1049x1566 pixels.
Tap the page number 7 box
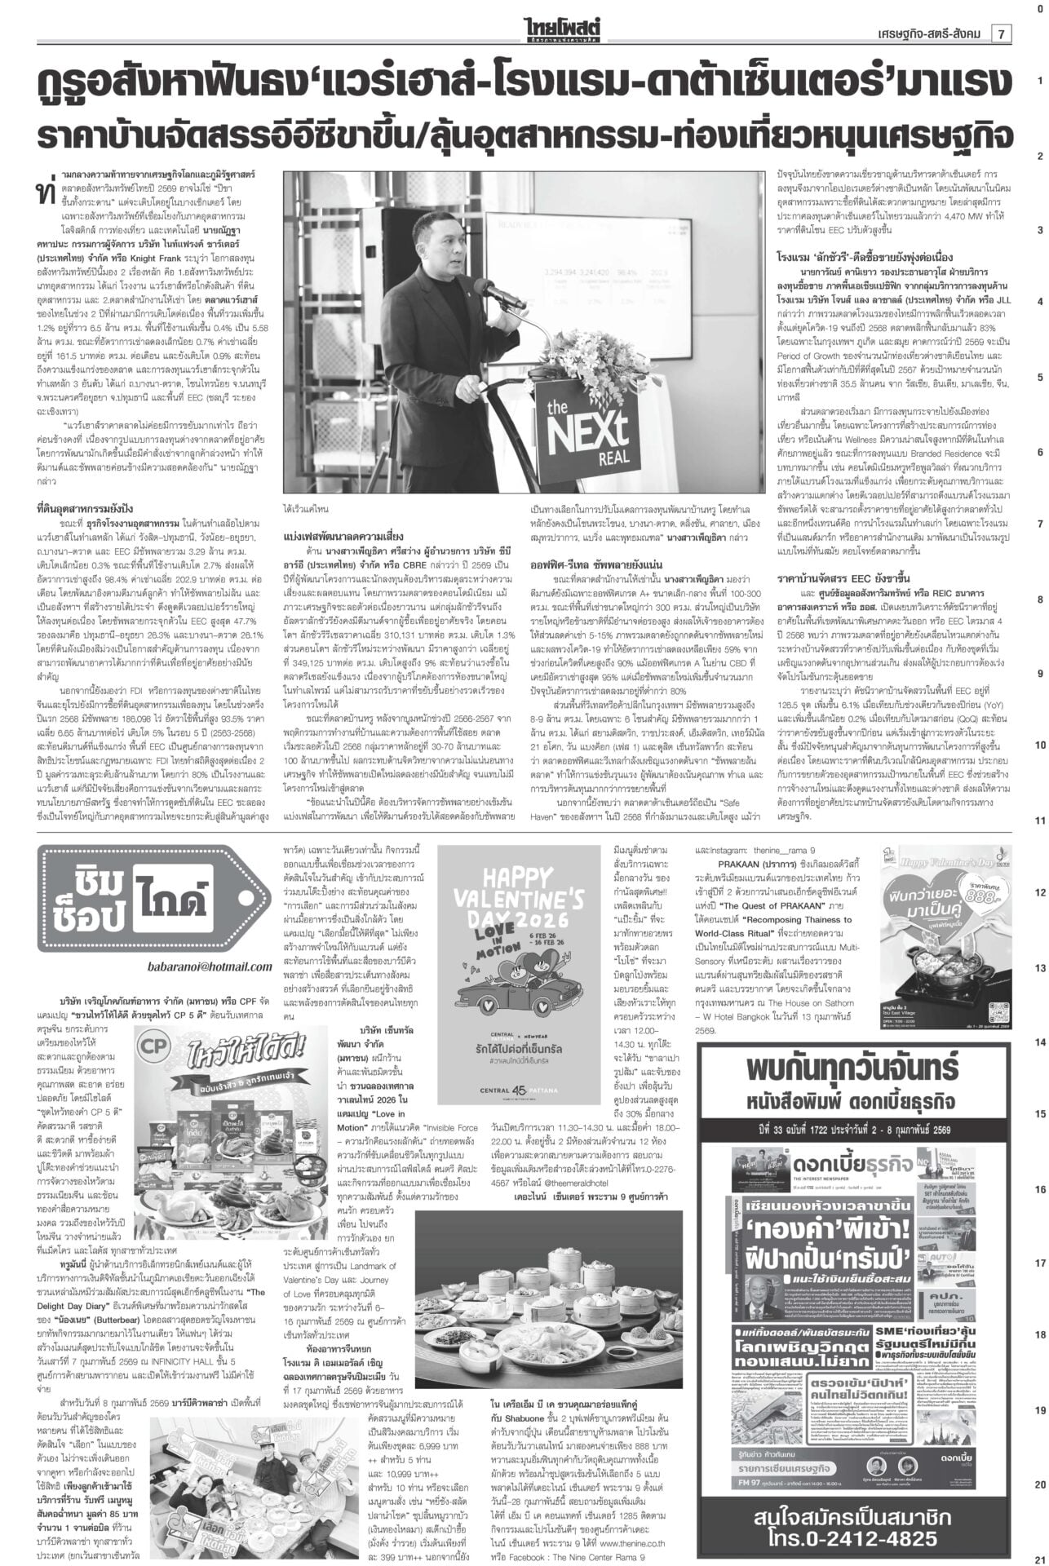(x=1000, y=33)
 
